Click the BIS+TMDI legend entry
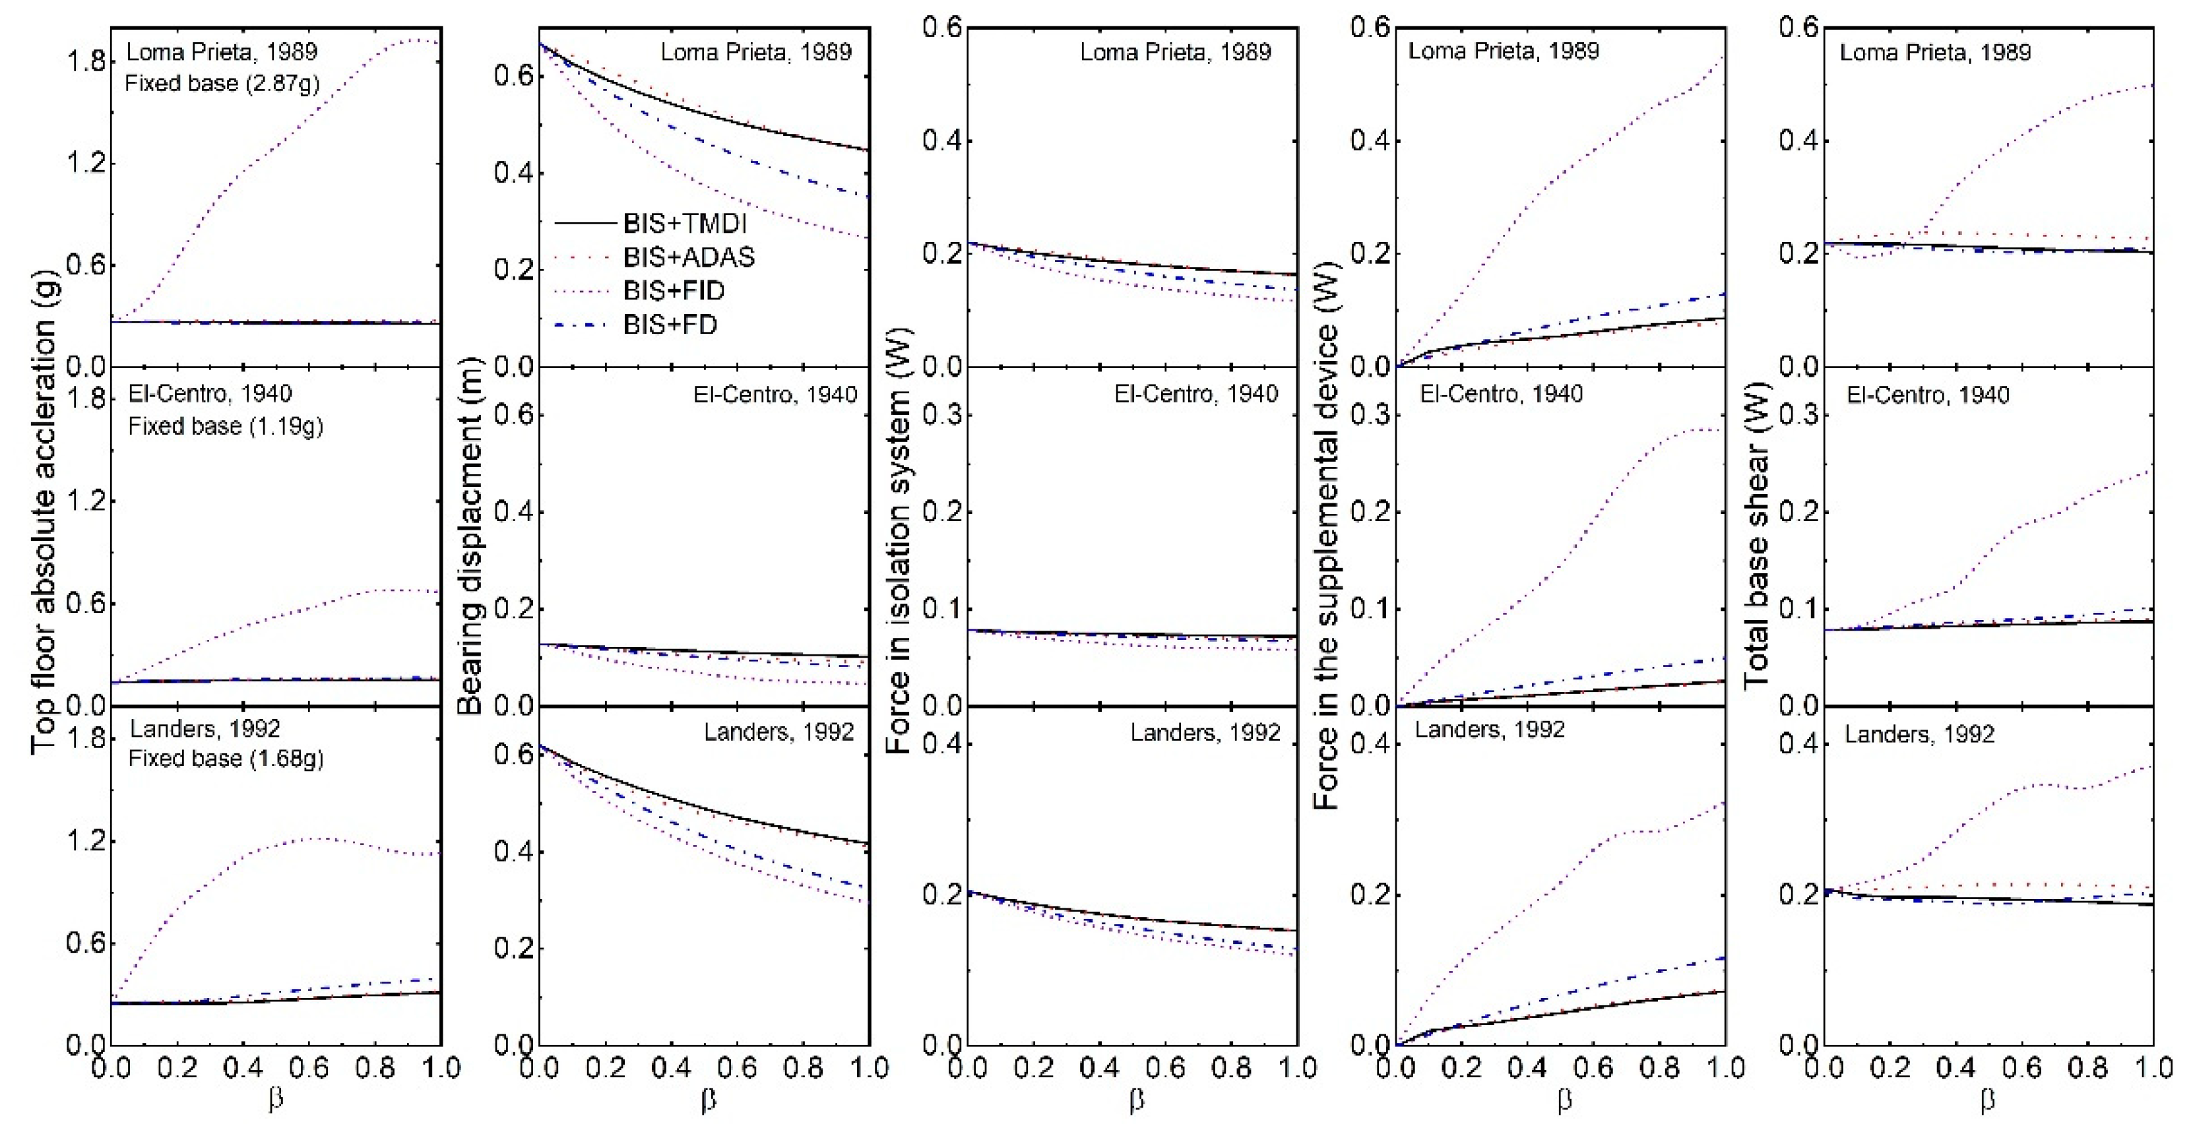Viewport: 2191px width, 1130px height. coord(684,224)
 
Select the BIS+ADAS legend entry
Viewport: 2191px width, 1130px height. coord(688,257)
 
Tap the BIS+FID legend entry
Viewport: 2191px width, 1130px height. coord(673,291)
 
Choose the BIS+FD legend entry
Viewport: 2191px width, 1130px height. coord(670,325)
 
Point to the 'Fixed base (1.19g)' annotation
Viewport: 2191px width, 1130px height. coord(226,425)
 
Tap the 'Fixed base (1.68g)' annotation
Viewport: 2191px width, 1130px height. coord(226,757)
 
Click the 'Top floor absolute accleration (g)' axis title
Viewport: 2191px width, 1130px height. coord(44,536)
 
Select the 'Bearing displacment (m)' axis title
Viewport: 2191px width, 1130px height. coord(470,536)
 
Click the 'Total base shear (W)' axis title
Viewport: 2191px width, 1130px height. coord(1758,536)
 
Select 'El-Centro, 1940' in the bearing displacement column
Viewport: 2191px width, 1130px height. coord(775,394)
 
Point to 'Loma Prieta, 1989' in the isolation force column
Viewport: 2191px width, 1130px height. coord(1176,52)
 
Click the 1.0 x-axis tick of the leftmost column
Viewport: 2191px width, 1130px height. coord(441,1068)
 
